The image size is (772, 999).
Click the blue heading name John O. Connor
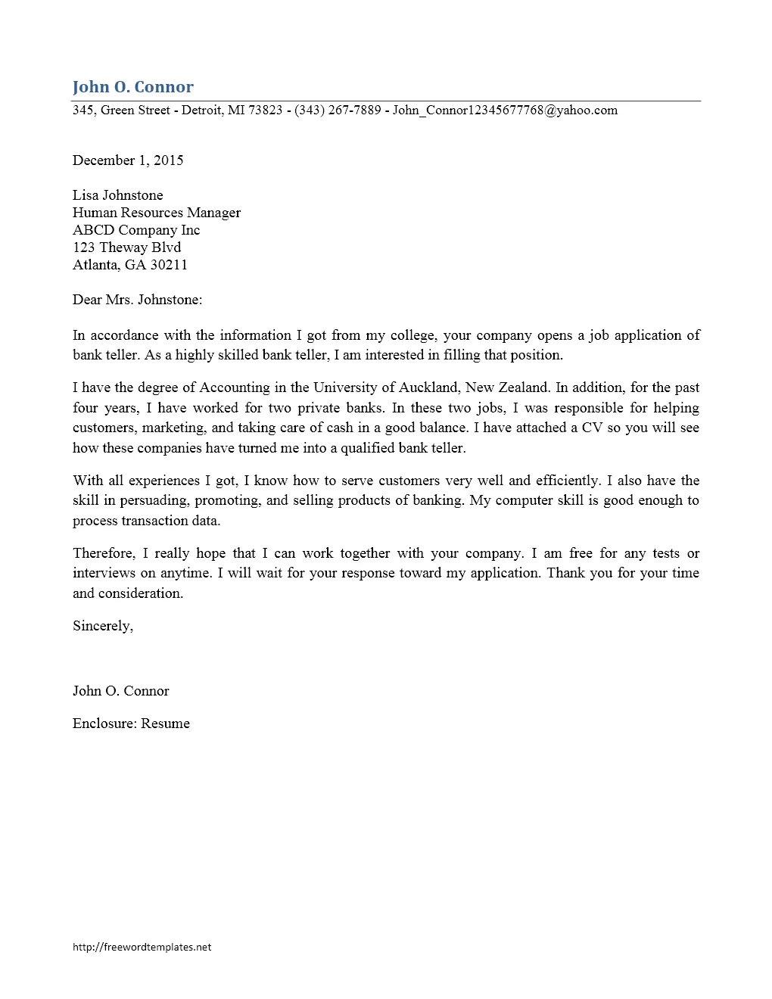pos(133,87)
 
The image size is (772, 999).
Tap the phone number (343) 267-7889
pos(338,110)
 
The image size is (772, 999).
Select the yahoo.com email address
pos(505,110)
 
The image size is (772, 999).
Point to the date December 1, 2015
pos(128,160)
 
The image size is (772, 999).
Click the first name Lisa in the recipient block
pos(86,195)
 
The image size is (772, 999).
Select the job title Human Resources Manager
pos(157,213)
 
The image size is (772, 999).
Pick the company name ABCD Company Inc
pos(136,230)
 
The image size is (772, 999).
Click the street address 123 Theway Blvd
pos(127,247)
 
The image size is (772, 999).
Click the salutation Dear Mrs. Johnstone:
pos(138,300)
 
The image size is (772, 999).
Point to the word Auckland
pos(428,387)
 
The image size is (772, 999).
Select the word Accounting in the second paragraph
pos(235,387)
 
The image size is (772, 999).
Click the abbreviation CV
pos(592,428)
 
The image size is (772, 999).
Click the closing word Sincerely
pos(102,626)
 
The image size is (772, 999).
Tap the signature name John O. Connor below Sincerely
pos(121,691)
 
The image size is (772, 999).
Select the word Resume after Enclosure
pos(165,724)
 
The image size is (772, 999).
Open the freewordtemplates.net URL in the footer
pos(142,947)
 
